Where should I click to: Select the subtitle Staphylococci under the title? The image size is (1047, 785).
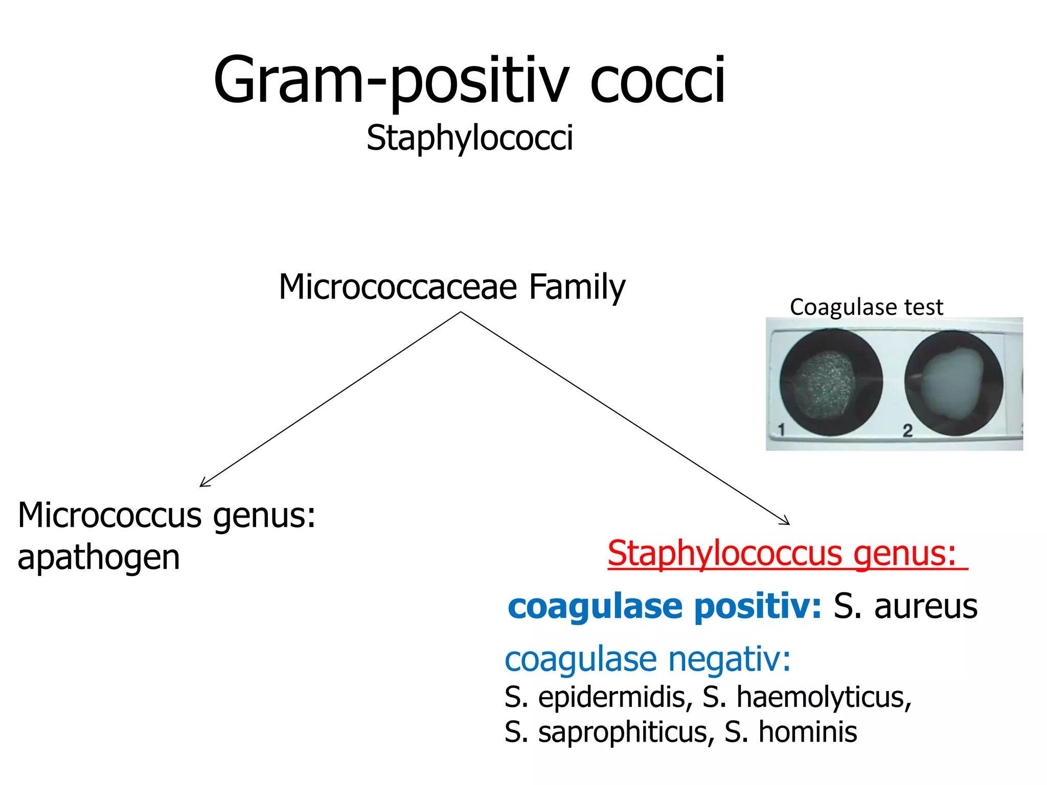pos(469,138)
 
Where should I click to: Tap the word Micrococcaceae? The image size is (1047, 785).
pos(398,287)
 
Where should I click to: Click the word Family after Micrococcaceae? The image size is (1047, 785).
pos(577,287)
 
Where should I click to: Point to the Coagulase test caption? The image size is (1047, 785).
pos(866,307)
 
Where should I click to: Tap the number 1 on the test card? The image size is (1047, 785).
pos(781,429)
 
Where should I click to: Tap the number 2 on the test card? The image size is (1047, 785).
pos(907,430)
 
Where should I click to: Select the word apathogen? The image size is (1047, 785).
pos(99,558)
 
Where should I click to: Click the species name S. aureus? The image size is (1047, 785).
pos(905,607)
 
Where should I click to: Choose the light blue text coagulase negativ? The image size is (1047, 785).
pos(647,659)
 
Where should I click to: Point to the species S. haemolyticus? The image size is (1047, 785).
pos(806,697)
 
